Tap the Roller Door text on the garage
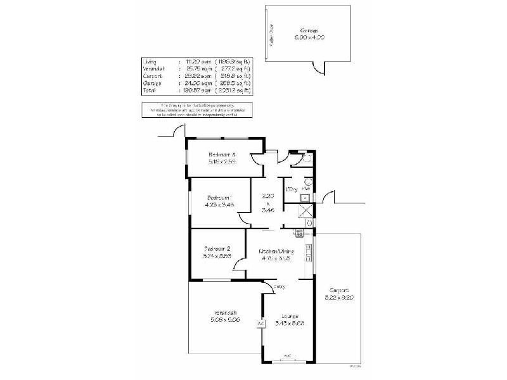point(271,34)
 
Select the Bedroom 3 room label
point(222,155)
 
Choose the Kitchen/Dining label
point(276,251)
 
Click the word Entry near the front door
point(279,287)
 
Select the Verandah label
point(225,313)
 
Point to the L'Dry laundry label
point(292,189)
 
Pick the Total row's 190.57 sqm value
point(192,90)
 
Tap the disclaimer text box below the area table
point(197,109)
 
